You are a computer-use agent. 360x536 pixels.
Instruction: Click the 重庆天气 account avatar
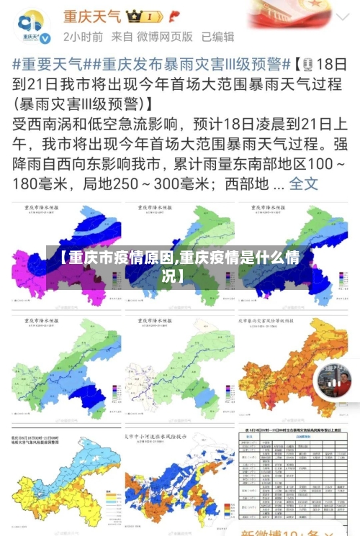(x=33, y=27)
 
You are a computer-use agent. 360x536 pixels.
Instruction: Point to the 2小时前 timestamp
(x=83, y=36)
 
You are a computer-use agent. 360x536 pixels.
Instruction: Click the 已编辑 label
(x=217, y=36)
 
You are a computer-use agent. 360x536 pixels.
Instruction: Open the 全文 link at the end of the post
(x=303, y=183)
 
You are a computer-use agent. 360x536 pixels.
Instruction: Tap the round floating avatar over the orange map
(x=333, y=381)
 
